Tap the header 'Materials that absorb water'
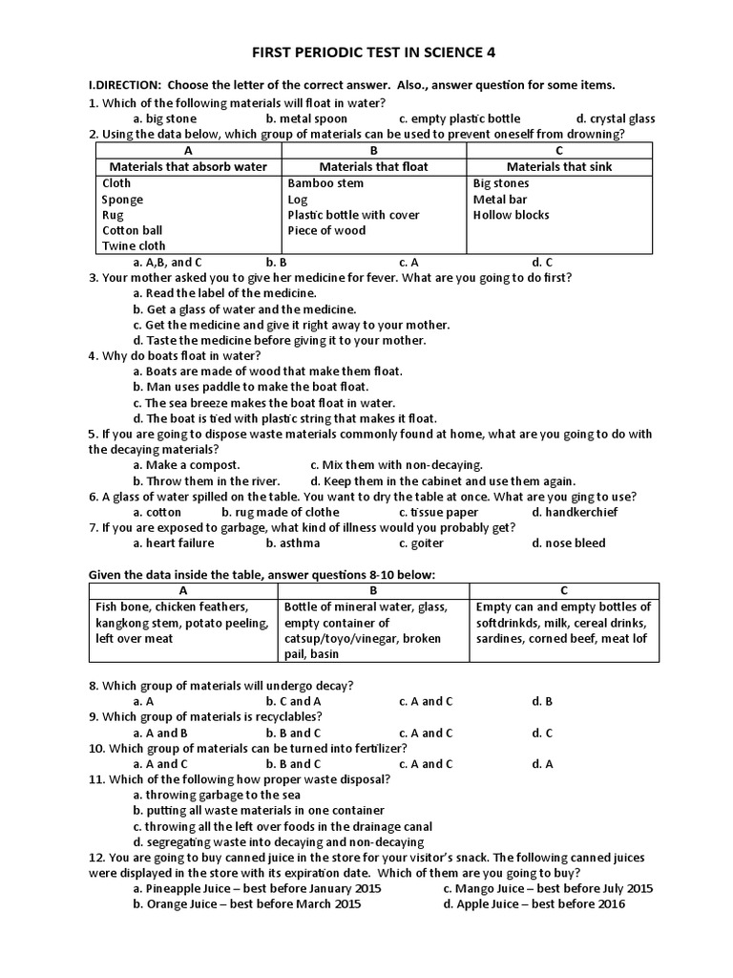tap(188, 166)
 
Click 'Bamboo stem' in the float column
tap(325, 182)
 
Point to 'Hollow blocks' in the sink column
tap(511, 215)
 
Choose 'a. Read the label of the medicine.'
tap(224, 293)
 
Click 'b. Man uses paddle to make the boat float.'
tap(250, 387)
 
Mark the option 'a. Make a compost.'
tap(186, 465)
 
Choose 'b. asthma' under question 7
tap(293, 543)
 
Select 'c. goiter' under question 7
tap(421, 543)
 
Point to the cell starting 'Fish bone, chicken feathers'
tap(182, 623)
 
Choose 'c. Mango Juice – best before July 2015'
tap(548, 888)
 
